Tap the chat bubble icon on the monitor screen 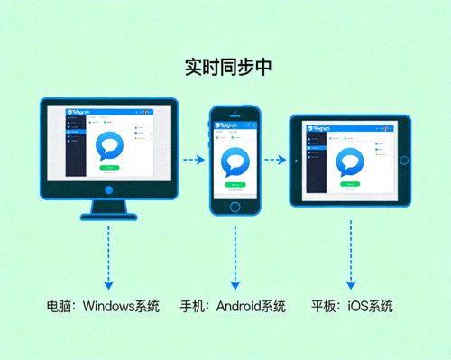click(110, 145)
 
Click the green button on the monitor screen click(110, 167)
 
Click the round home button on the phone click(235, 206)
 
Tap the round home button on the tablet click(404, 161)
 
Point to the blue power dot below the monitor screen click(109, 191)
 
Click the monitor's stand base click(109, 215)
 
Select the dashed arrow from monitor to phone click(192, 161)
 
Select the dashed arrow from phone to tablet click(276, 161)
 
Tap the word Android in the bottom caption click(237, 307)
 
